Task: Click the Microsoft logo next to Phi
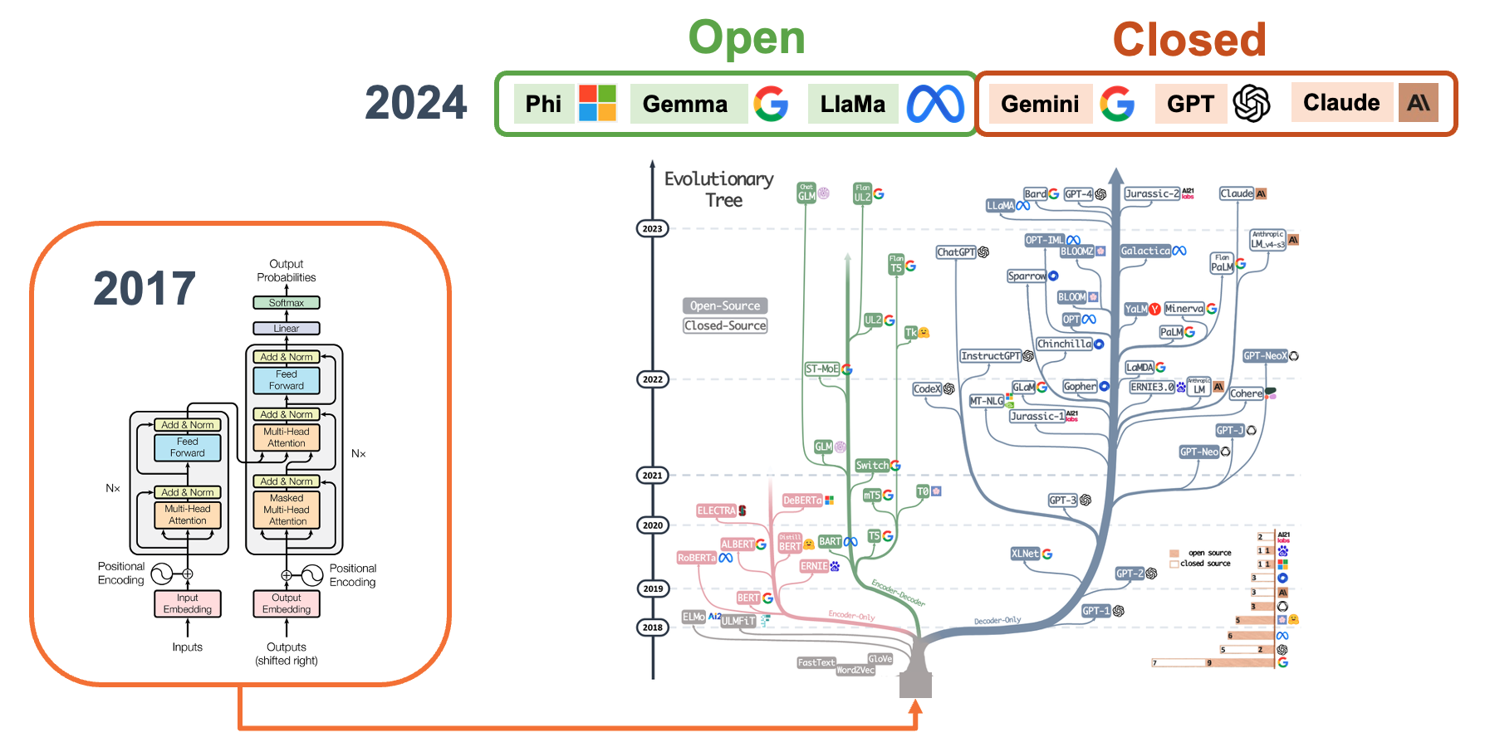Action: coord(597,103)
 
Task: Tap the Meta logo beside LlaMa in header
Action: coord(935,104)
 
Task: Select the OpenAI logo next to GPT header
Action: coord(1252,104)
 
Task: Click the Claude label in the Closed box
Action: coord(1341,103)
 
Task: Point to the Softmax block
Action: coord(287,303)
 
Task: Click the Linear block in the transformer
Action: coord(287,329)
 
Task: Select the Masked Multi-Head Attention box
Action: coord(287,510)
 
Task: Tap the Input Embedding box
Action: coord(188,603)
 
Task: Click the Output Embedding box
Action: coord(287,603)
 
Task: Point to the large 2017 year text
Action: coord(145,288)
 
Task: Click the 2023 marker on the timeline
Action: coord(653,229)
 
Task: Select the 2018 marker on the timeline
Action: coord(653,627)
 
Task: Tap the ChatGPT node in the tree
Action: coord(956,252)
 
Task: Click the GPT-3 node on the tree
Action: coord(1062,501)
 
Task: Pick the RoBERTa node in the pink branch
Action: coord(696,558)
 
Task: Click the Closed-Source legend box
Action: coord(725,326)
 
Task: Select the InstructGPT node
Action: coord(990,356)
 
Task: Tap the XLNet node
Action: coord(1025,554)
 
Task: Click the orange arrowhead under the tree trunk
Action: coord(915,707)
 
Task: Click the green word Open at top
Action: coord(747,38)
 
